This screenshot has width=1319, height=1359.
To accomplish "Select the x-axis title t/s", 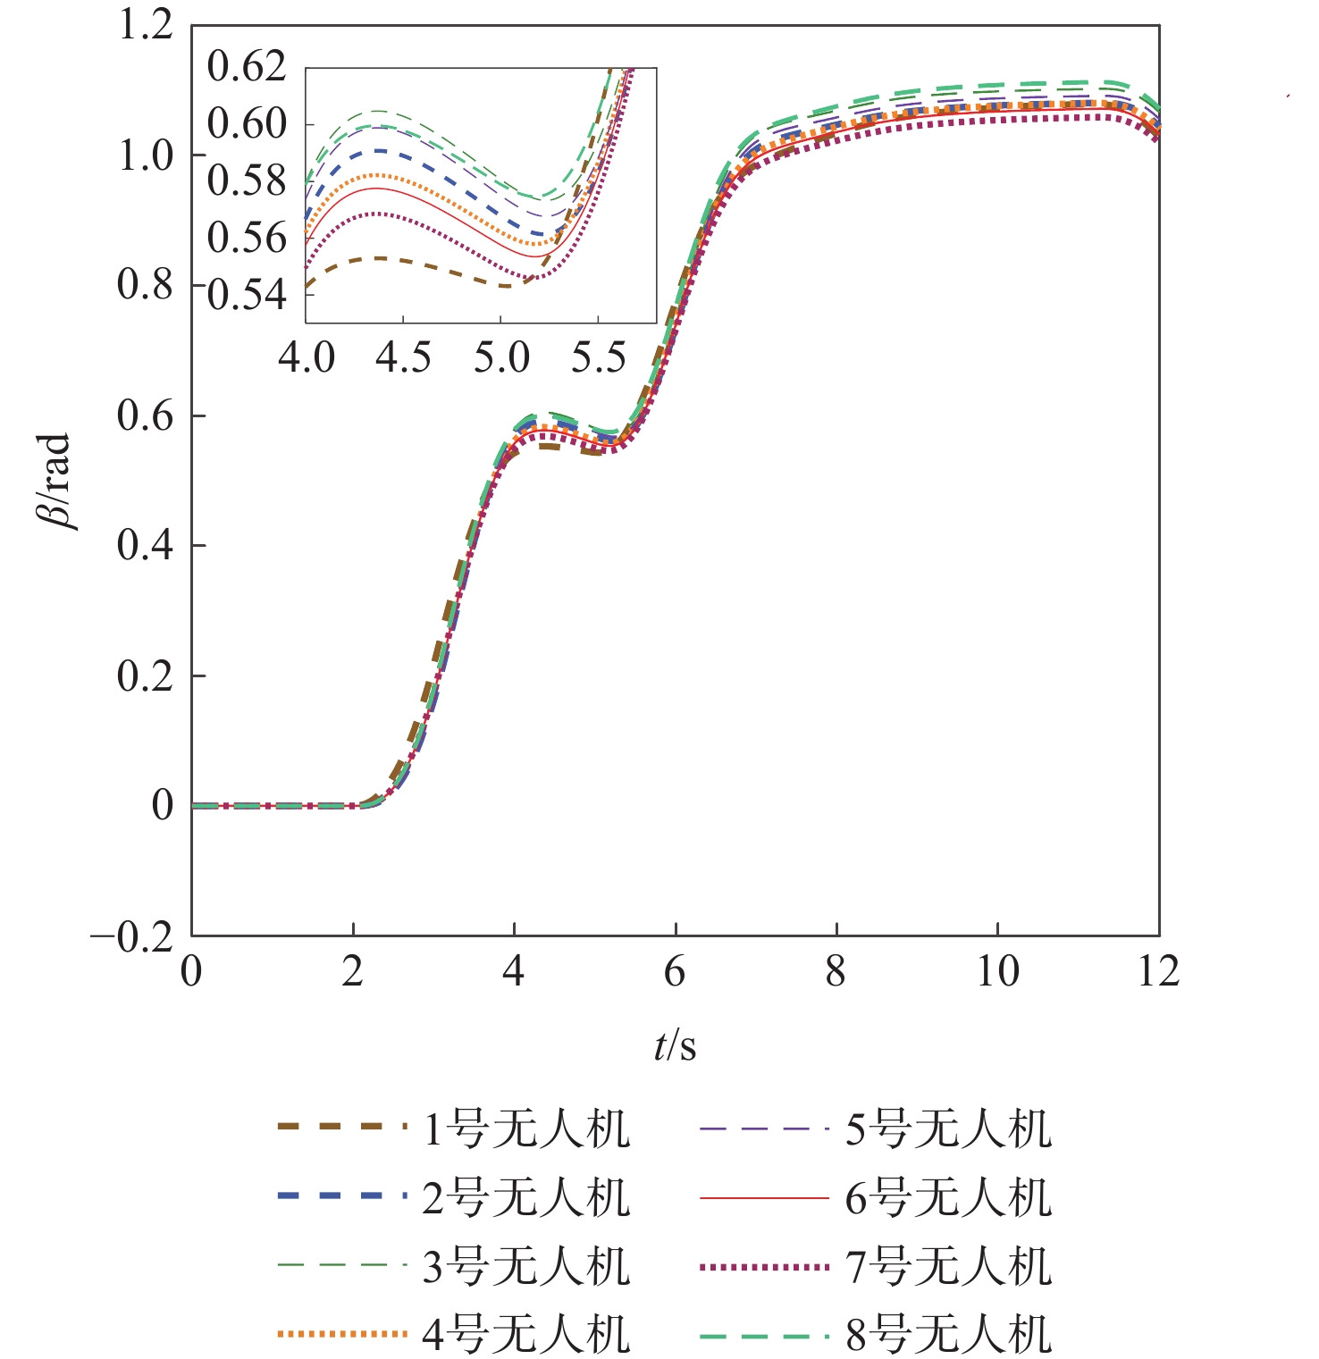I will tap(675, 1044).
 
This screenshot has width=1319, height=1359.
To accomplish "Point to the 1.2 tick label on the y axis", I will tap(146, 25).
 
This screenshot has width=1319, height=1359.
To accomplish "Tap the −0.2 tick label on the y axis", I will tap(131, 937).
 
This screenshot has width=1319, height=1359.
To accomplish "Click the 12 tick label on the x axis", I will tap(1158, 972).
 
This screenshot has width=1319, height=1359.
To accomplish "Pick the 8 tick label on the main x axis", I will tap(836, 972).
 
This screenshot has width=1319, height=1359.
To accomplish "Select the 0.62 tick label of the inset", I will tap(247, 67).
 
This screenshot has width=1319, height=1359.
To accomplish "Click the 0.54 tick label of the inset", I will tap(247, 295).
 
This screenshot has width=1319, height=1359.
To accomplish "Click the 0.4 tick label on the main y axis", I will tap(146, 545).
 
